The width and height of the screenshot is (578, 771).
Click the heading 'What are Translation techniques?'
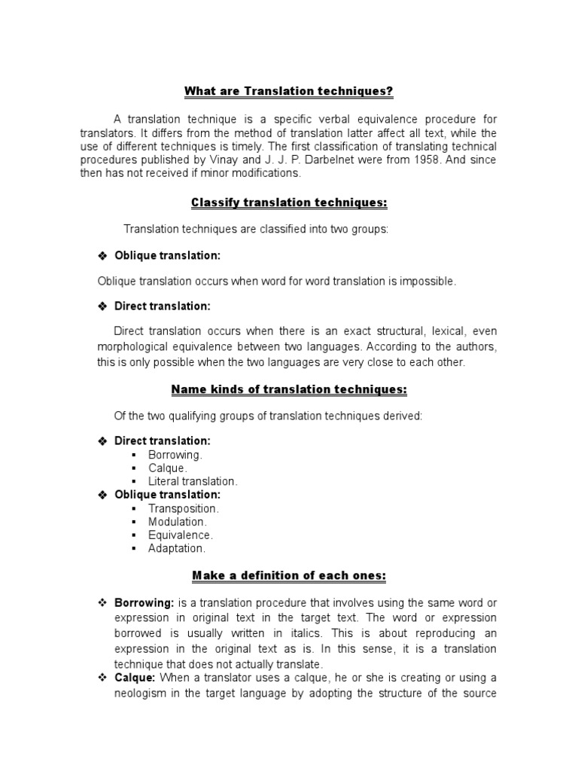[290, 92]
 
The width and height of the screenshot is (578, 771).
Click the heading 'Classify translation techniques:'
[290, 203]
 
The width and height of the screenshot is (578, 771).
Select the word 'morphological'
[133, 346]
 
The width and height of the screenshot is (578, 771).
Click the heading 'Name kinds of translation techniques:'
[290, 389]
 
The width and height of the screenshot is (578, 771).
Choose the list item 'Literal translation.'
[193, 480]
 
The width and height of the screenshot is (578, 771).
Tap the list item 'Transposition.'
[183, 508]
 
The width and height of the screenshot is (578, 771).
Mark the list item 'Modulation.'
[177, 521]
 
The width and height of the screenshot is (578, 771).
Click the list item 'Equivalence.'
[181, 535]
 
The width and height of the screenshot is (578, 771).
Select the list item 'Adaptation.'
[177, 548]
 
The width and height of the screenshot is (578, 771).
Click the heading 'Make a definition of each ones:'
[290, 576]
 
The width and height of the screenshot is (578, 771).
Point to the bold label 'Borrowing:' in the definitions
[144, 603]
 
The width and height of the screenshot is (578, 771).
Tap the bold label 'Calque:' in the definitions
[135, 678]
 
